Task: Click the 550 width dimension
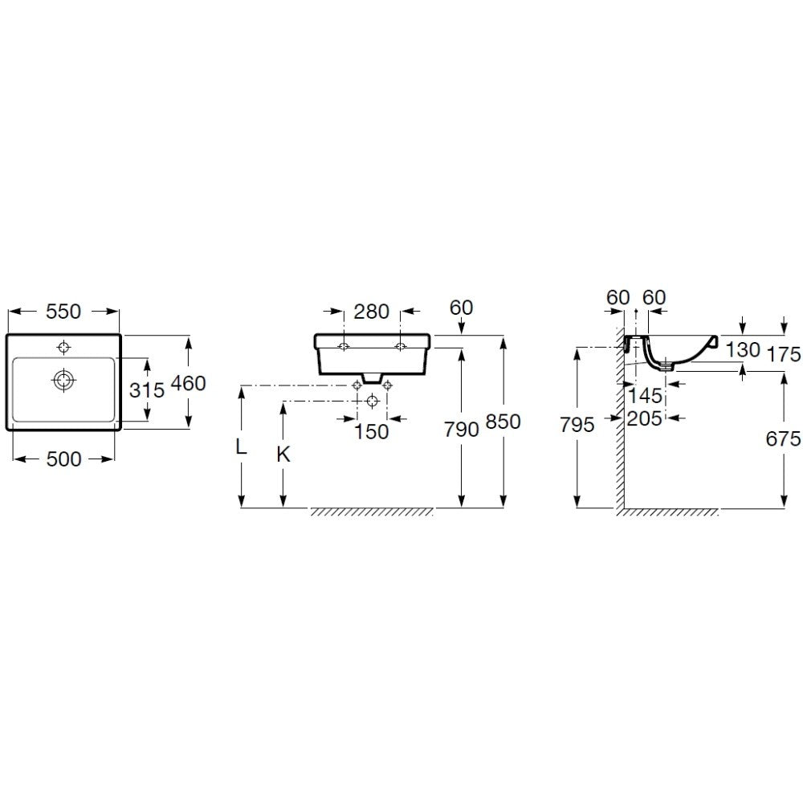coord(63,312)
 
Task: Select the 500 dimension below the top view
coord(63,459)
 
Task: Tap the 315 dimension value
coord(147,390)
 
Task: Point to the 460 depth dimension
coord(188,383)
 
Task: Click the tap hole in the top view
coord(63,347)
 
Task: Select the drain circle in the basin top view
coord(64,380)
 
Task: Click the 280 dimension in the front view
coord(372,312)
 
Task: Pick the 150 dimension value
coord(372,432)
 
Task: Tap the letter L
coord(241,447)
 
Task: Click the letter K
coord(283,454)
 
